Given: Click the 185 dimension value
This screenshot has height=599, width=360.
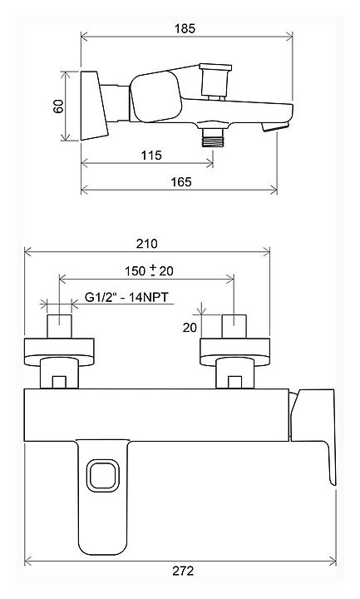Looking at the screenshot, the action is click(185, 28).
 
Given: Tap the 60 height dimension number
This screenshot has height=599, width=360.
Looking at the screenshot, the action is click(58, 106).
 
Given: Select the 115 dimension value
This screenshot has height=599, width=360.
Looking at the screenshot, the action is click(151, 155).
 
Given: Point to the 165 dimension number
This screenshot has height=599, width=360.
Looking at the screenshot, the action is click(181, 181).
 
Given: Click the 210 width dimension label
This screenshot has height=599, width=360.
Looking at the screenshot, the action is click(146, 244).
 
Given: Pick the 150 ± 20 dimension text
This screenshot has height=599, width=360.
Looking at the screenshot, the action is click(149, 271).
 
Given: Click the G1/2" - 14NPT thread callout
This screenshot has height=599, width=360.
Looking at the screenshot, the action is click(126, 297).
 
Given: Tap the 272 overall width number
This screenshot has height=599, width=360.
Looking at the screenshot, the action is click(183, 571).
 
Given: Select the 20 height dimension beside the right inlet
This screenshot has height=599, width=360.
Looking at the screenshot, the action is click(190, 328).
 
